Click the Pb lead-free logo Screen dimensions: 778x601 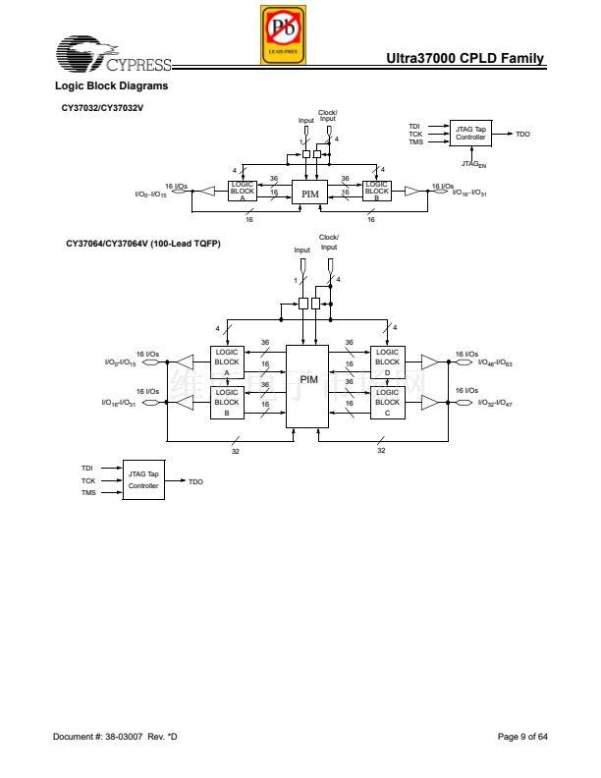tap(283, 34)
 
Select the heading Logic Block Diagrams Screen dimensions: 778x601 tap(111, 86)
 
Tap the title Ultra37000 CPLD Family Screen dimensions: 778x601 tap(465, 60)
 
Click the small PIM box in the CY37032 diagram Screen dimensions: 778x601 tap(310, 193)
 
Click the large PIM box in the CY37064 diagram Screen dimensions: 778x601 tap(307, 385)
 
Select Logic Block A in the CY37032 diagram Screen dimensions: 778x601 tap(242, 192)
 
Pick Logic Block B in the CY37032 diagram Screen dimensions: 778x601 tap(376, 192)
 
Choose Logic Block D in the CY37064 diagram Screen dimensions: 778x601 tap(387, 362)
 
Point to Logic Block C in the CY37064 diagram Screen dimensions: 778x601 tap(387, 402)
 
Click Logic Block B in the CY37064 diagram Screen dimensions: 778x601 tap(227, 402)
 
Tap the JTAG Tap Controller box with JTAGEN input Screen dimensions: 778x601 tap(470, 134)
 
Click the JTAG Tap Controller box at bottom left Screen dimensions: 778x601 tap(142, 479)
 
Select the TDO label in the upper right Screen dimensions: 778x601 tap(522, 134)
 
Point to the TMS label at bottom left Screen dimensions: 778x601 tap(87, 492)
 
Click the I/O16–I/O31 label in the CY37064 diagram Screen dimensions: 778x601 tap(119, 403)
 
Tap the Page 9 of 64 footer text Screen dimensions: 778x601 tap(522, 736)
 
